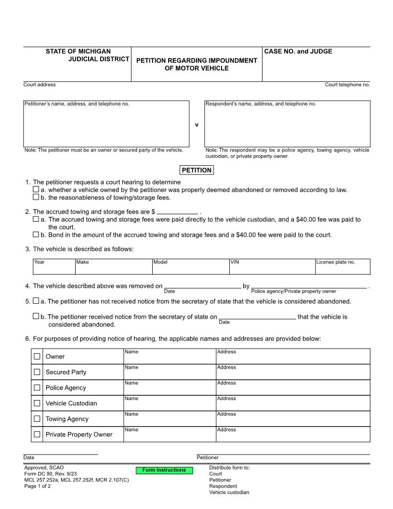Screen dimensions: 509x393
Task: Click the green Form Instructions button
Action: click(x=164, y=470)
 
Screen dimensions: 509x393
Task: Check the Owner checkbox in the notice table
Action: click(x=37, y=356)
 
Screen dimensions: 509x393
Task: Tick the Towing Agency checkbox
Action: click(x=37, y=418)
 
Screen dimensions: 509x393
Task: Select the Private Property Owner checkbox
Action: click(x=37, y=434)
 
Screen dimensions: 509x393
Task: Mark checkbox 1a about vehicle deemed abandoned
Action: click(x=36, y=190)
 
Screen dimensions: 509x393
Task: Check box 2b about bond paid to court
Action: click(x=36, y=235)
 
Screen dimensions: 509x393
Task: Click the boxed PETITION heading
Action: click(x=196, y=170)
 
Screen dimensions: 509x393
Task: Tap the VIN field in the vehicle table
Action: click(x=272, y=267)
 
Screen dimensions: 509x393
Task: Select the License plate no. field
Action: click(x=342, y=267)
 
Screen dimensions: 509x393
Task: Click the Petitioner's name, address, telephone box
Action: click(x=106, y=124)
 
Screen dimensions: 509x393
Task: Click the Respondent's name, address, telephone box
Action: click(x=288, y=124)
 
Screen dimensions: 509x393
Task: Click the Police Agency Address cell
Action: click(x=293, y=388)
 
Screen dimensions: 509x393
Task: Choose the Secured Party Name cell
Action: click(x=170, y=373)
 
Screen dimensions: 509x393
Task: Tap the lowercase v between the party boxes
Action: click(x=196, y=125)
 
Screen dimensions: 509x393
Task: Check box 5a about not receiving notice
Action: click(x=36, y=301)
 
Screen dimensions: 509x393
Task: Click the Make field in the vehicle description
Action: click(x=113, y=267)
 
